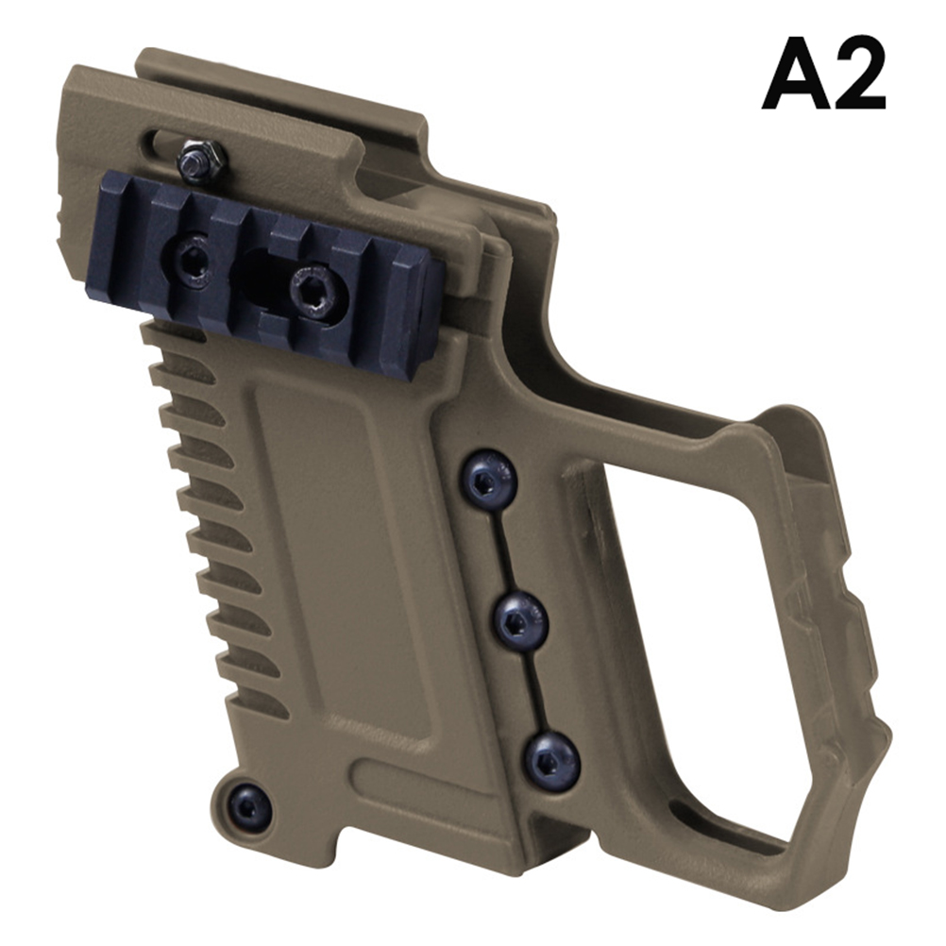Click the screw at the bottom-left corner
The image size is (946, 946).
click(247, 806)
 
